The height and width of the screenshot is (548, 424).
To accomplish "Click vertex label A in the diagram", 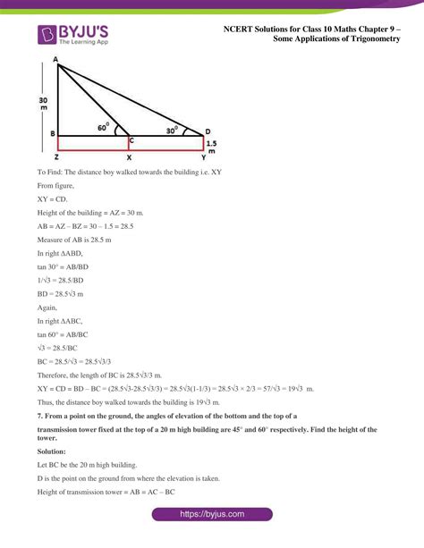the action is coord(55,60).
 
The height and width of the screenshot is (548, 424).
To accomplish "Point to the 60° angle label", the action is coord(104,127).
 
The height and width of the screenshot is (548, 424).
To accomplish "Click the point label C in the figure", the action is coord(131,140).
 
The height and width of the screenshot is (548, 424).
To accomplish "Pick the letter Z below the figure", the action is coord(55,157).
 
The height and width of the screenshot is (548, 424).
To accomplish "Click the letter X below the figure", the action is coord(129,157).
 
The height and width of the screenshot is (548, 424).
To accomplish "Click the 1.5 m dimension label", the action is coord(211,146).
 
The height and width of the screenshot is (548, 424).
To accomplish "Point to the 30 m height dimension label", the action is coord(43,105).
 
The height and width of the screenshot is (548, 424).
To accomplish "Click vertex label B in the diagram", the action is coord(53,135).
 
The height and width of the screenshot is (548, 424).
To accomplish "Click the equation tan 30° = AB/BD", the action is coord(63,266).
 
